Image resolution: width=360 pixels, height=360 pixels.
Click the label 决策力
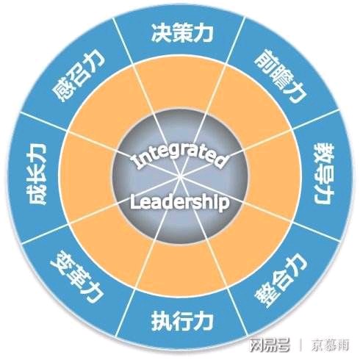click(x=182, y=33)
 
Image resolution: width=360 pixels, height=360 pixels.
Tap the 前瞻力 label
click(x=281, y=76)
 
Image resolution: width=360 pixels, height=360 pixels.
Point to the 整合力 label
click(x=281, y=278)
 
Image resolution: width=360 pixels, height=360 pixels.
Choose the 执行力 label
click(x=182, y=321)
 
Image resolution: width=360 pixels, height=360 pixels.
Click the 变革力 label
click(x=76, y=277)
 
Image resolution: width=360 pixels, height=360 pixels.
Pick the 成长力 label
click(x=36, y=173)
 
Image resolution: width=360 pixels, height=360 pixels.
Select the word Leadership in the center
click(x=179, y=202)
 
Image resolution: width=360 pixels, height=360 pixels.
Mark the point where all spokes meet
click(x=180, y=177)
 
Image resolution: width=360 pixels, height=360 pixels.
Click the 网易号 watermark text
click(x=270, y=345)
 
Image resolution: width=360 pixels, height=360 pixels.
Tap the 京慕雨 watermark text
click(x=330, y=345)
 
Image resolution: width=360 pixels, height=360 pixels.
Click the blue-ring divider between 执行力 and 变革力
click(x=126, y=313)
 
